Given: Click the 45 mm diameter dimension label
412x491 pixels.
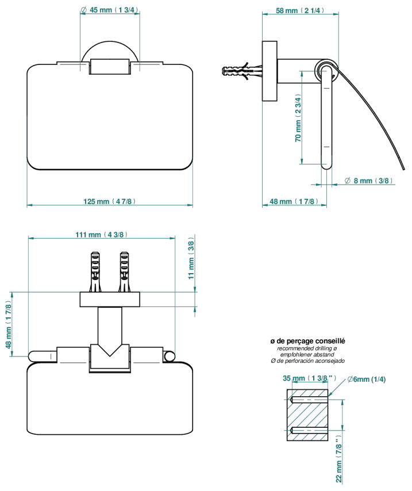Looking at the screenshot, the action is pos(109,10).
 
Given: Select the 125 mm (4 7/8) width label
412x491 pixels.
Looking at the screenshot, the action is pos(110,201).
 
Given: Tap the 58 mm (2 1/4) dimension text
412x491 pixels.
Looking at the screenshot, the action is pos(300,10).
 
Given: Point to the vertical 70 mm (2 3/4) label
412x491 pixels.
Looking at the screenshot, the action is pos(298,118).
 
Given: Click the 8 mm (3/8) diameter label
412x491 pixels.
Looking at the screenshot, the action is pos(368,181).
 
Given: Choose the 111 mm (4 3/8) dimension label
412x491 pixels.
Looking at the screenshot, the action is pos(102,234).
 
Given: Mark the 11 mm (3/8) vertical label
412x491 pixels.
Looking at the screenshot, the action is pos(191,260).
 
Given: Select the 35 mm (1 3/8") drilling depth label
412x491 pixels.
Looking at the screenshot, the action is pos(309,378).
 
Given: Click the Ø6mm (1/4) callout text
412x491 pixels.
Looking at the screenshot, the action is pos(366,379).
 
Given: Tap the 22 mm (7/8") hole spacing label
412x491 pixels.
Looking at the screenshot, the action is pos(339,459).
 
